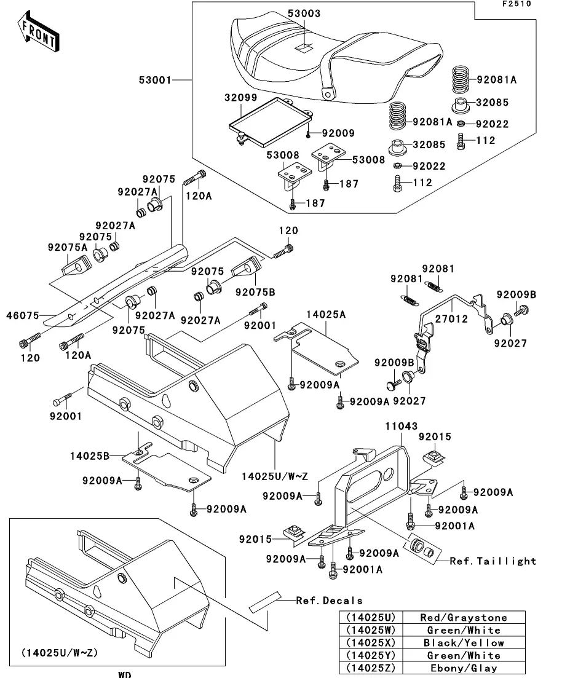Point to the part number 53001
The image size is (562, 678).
pyautogui.click(x=155, y=79)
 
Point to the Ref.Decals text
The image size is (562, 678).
pyautogui.click(x=329, y=601)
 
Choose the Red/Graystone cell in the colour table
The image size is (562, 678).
pyautogui.click(x=472, y=618)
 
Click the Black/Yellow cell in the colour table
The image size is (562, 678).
pyautogui.click(x=472, y=643)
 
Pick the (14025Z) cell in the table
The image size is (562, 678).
pyautogui.click(x=371, y=668)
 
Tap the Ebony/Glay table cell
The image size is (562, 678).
pyautogui.click(x=472, y=668)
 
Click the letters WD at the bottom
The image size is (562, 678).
pyautogui.click(x=125, y=674)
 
